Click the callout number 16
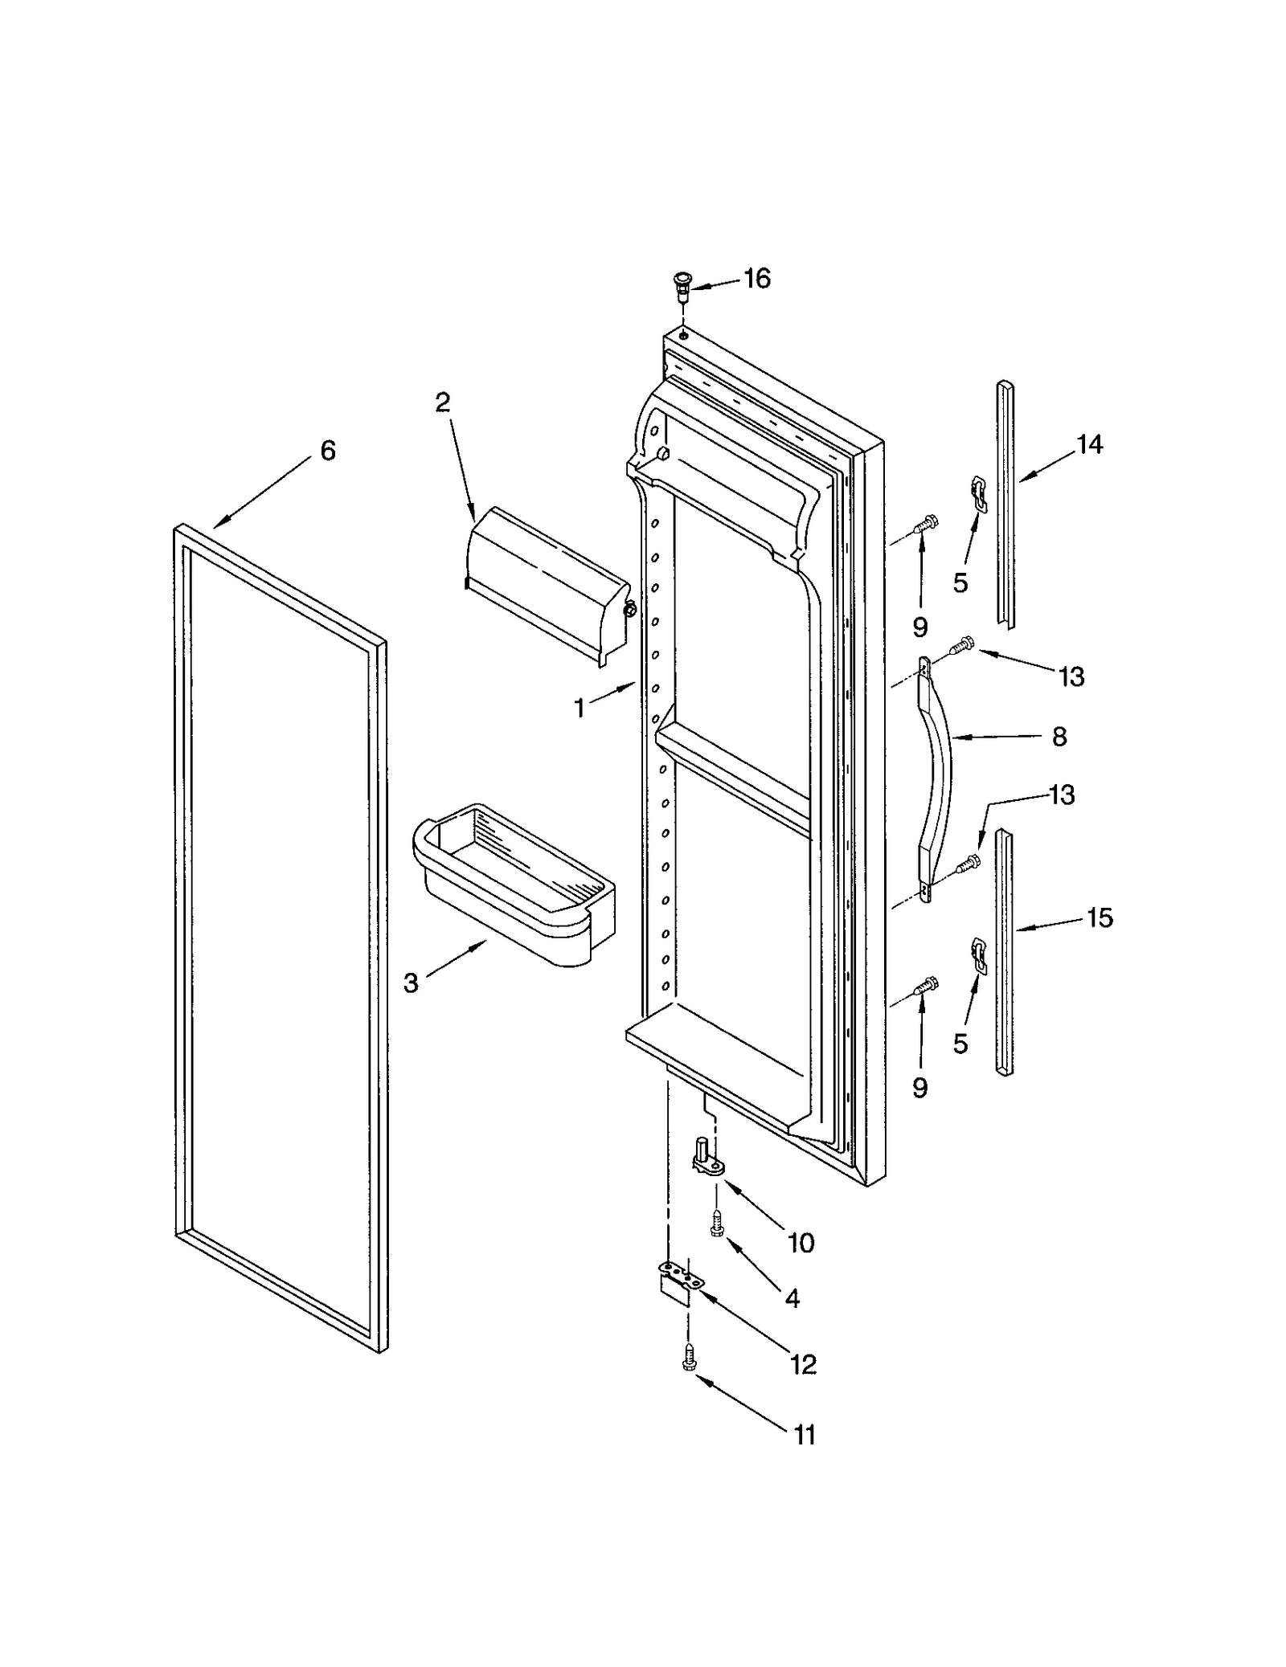[756, 279]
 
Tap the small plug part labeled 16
[682, 284]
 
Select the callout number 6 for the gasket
[327, 451]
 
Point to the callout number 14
[1089, 444]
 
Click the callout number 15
[1099, 917]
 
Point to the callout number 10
[801, 1243]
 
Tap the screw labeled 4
[717, 1225]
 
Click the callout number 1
[579, 709]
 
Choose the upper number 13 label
[1071, 676]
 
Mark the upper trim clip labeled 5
[977, 492]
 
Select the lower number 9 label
[920, 1088]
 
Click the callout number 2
[442, 402]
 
